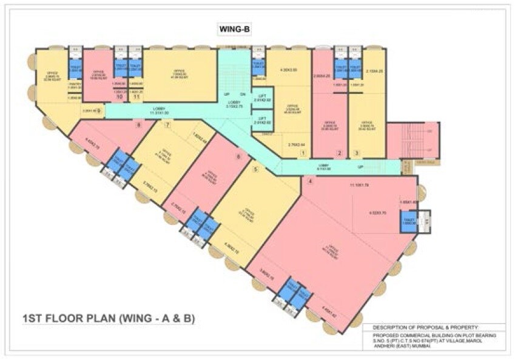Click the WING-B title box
pyautogui.click(x=234, y=29)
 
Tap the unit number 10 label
pyautogui.click(x=119, y=96)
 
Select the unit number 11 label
pyautogui.click(x=137, y=96)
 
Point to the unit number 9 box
pyautogui.click(x=100, y=111)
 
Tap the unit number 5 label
pyautogui.click(x=255, y=170)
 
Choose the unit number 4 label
pyautogui.click(x=310, y=180)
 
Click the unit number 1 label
pyautogui.click(x=302, y=153)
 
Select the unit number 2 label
pyautogui.click(x=340, y=153)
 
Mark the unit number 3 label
pyautogui.click(x=357, y=153)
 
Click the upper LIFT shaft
pyautogui.click(x=263, y=98)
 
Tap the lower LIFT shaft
pyautogui.click(x=263, y=121)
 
